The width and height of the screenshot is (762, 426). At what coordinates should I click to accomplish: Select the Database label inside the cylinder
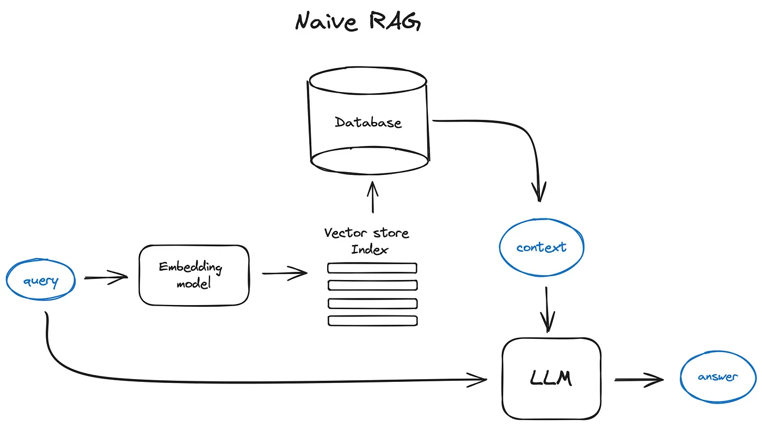tap(368, 122)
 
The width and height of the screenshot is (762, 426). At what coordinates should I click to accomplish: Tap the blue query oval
tap(41, 281)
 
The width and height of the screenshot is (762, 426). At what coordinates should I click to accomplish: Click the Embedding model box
tap(194, 276)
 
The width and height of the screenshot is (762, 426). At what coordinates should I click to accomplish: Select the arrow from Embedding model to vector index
tap(285, 273)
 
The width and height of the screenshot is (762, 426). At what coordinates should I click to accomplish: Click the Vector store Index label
tap(366, 241)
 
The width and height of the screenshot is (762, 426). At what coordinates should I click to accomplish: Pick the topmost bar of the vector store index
tap(372, 268)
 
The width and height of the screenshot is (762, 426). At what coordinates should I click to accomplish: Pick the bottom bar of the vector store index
tap(372, 321)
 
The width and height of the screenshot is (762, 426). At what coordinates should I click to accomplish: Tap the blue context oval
tap(541, 247)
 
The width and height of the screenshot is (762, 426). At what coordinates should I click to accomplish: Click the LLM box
tap(551, 378)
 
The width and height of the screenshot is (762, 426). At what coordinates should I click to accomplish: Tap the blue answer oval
tap(718, 377)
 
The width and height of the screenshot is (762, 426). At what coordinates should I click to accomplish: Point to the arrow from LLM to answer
tap(640, 380)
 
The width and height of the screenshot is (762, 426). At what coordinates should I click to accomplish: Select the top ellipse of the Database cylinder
tap(368, 82)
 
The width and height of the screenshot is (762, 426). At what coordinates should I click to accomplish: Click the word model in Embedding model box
tap(193, 284)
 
